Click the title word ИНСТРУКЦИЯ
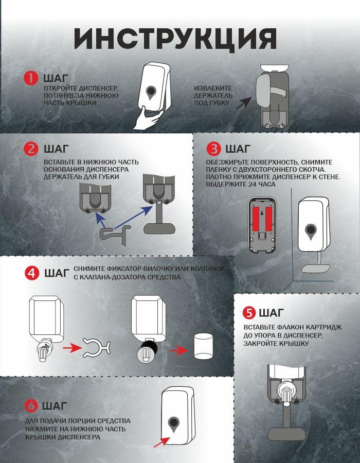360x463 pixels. [175, 39]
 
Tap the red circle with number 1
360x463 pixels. [31, 78]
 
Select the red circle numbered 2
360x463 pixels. [31, 149]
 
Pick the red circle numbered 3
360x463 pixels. [213, 149]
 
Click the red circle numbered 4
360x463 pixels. [32, 273]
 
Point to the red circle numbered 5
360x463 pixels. [249, 313]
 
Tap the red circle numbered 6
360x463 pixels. [31, 406]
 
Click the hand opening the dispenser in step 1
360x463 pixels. [148, 118]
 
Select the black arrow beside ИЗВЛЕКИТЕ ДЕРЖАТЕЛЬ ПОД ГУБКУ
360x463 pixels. [244, 103]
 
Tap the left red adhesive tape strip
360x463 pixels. [256, 219]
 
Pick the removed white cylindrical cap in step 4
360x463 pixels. [203, 346]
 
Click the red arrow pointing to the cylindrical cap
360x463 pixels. [178, 350]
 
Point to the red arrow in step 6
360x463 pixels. [161, 442]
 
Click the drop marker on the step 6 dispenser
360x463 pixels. [174, 424]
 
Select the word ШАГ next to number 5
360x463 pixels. [272, 313]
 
